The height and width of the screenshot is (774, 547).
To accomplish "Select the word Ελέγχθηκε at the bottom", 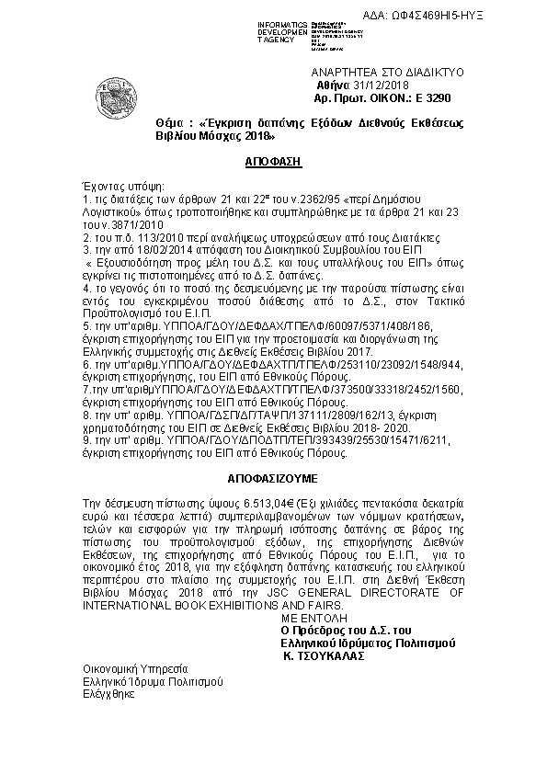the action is pyautogui.click(x=108, y=694).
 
